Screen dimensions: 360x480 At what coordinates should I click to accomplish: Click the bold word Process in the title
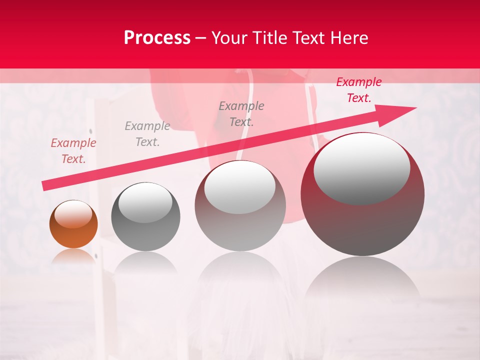click(x=157, y=38)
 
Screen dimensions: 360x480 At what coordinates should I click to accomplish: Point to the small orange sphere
click(x=73, y=224)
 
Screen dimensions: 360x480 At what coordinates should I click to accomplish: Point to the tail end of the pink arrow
click(x=44, y=186)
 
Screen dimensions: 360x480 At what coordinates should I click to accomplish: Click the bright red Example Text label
click(x=359, y=90)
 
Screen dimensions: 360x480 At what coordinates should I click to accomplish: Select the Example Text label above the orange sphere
click(x=73, y=151)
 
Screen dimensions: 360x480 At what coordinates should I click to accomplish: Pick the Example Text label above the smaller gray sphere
click(x=147, y=134)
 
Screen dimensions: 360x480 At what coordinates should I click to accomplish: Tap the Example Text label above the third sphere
click(x=241, y=114)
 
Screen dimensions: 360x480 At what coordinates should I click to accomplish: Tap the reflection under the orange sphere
click(x=73, y=256)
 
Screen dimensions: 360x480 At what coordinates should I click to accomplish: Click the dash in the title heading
click(x=201, y=38)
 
